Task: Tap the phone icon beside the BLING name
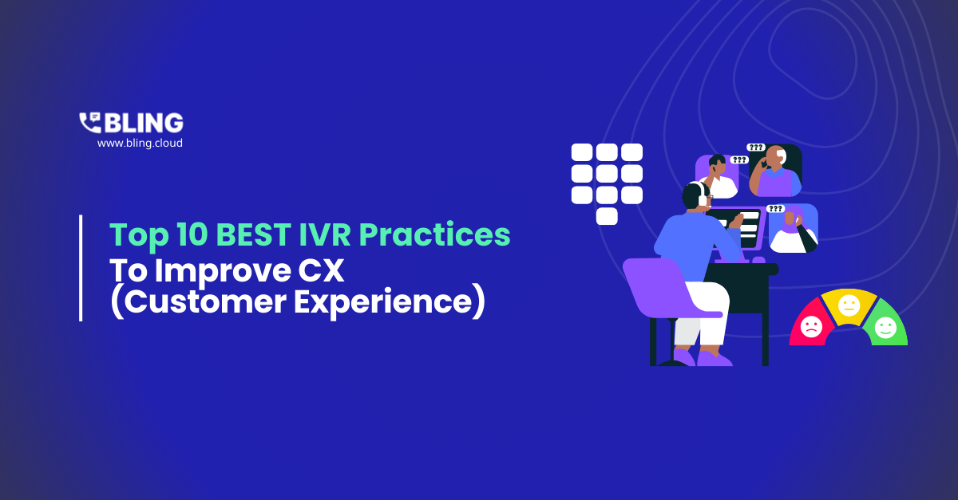tap(89, 122)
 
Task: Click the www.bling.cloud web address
tap(140, 144)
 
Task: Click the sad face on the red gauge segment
tap(811, 326)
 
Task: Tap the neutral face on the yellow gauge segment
tap(849, 305)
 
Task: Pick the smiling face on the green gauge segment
tap(885, 326)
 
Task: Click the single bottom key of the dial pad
tap(607, 216)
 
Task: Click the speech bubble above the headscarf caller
tap(775, 209)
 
